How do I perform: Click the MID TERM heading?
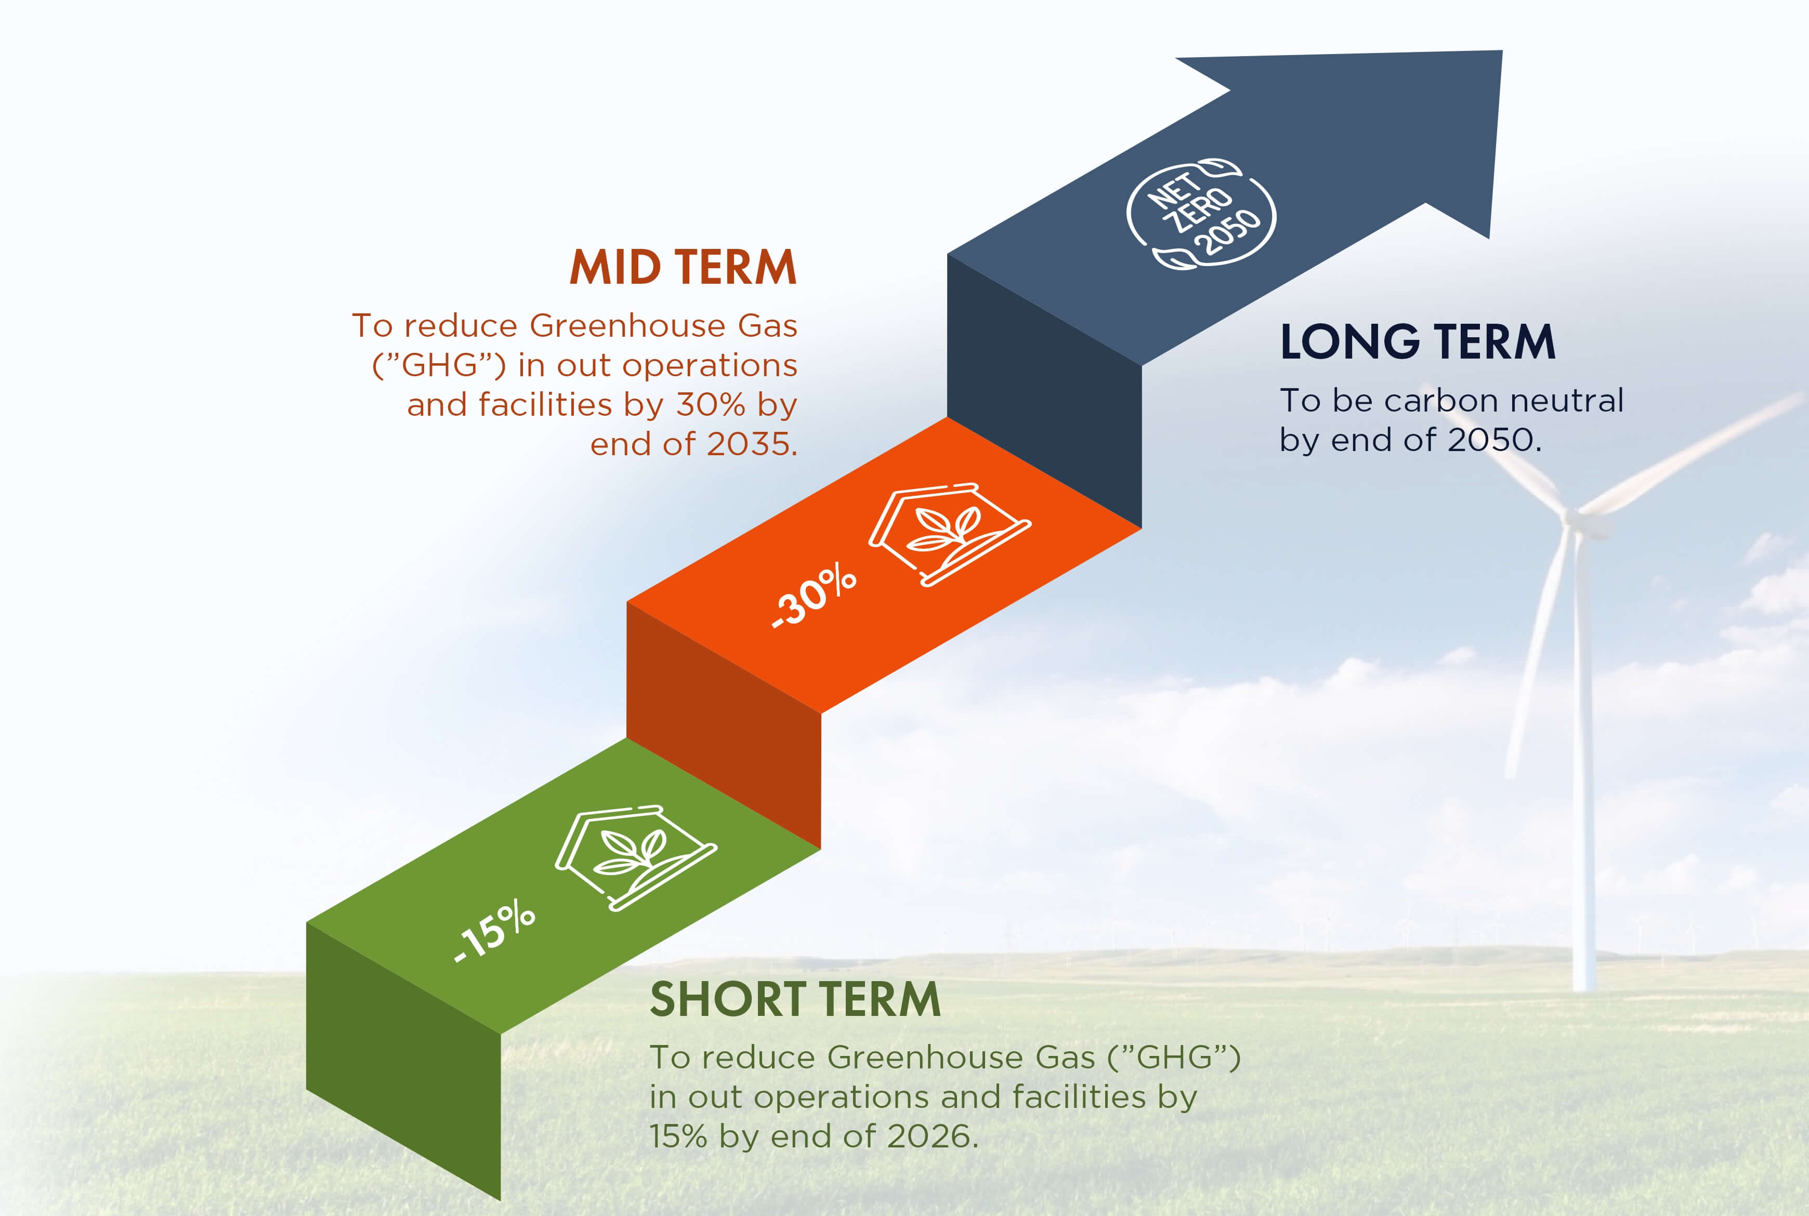pos(684,268)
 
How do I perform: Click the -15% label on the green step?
pos(493,931)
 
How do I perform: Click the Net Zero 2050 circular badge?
pos(1201,213)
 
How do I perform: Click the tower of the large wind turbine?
pos(1582,760)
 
